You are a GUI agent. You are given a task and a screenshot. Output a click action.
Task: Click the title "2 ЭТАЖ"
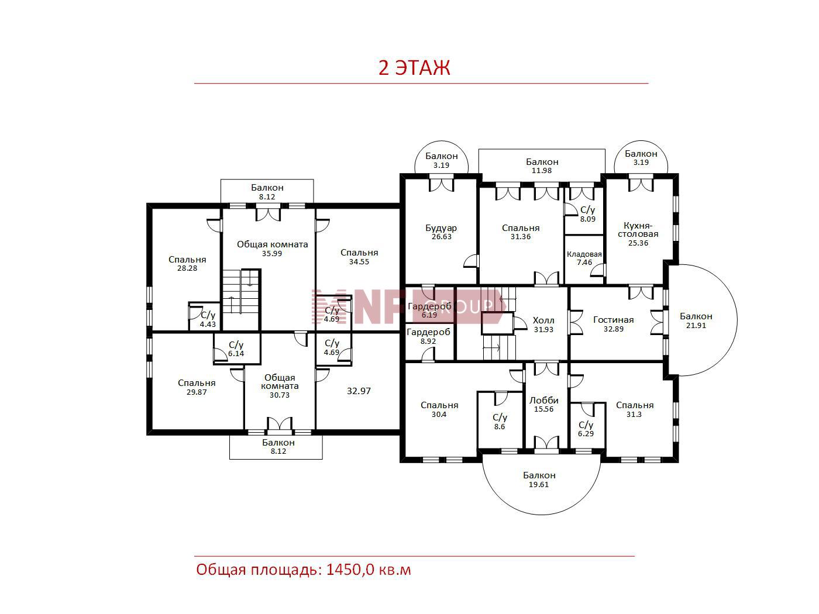point(414,67)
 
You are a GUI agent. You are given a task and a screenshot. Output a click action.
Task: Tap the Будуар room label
point(441,228)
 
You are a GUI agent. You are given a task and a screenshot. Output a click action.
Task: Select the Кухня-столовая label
point(638,230)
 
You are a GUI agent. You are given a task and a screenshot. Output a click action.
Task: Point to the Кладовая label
point(584,254)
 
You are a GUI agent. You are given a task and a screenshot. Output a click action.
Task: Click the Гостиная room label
point(614,320)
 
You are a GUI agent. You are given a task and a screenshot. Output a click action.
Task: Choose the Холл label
point(543,320)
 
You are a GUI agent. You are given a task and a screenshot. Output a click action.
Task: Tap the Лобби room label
point(544,401)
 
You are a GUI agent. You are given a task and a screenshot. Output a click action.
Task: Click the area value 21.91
point(696,326)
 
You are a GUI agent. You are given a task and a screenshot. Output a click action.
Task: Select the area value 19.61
point(539,485)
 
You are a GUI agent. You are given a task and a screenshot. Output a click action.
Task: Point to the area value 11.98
point(542,171)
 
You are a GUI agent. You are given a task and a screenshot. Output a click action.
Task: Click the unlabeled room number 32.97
point(359,391)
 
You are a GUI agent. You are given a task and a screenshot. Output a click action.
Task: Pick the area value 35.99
point(272,254)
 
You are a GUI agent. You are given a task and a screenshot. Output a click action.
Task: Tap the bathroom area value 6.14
point(236,353)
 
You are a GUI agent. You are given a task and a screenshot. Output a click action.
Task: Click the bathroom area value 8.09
point(588,219)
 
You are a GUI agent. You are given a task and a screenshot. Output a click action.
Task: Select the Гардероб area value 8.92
point(429,341)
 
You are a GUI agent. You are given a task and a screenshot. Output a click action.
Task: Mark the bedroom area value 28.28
point(187,268)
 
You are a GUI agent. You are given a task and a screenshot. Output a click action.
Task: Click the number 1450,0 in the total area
point(350,570)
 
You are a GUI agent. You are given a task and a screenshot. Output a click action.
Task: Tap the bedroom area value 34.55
point(359,262)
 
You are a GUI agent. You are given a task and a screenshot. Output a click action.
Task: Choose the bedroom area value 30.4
point(439,414)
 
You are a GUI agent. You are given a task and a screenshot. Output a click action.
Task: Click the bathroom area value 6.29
point(586,433)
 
